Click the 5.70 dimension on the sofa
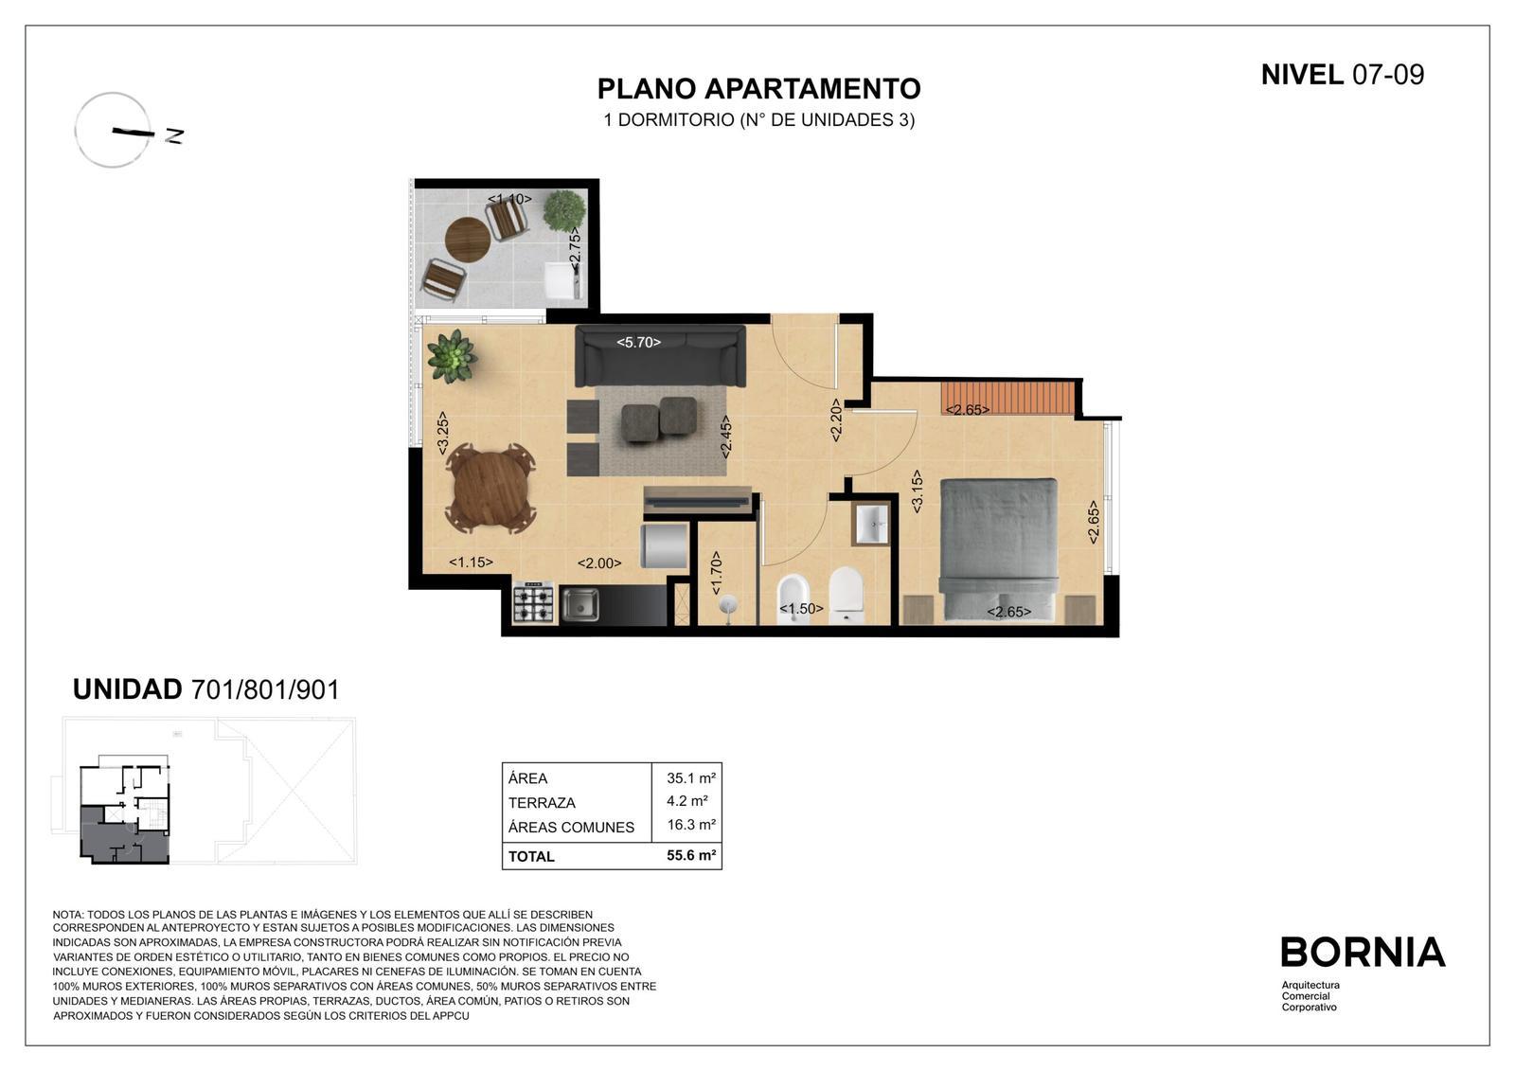(638, 343)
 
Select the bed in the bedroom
(998, 549)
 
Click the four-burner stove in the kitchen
(534, 603)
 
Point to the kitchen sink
(579, 604)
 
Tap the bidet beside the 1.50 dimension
(790, 598)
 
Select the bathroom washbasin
(872, 524)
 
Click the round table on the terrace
(468, 238)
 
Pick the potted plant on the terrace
(564, 210)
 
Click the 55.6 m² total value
(690, 855)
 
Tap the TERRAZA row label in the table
(542, 803)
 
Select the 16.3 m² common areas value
(691, 825)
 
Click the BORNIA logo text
(1363, 952)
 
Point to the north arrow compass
(114, 130)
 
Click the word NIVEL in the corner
(1302, 75)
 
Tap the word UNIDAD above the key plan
(127, 689)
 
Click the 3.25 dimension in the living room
(442, 433)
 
